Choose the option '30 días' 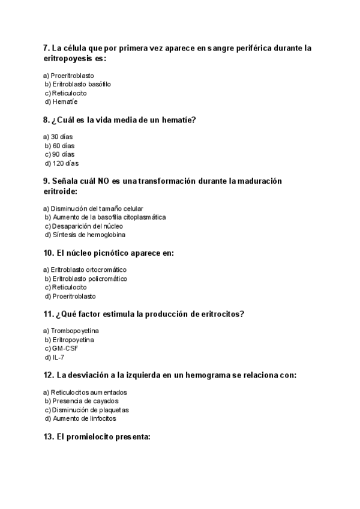[x=62, y=137]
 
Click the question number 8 [x=46, y=120]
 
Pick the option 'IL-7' [x=58, y=358]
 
